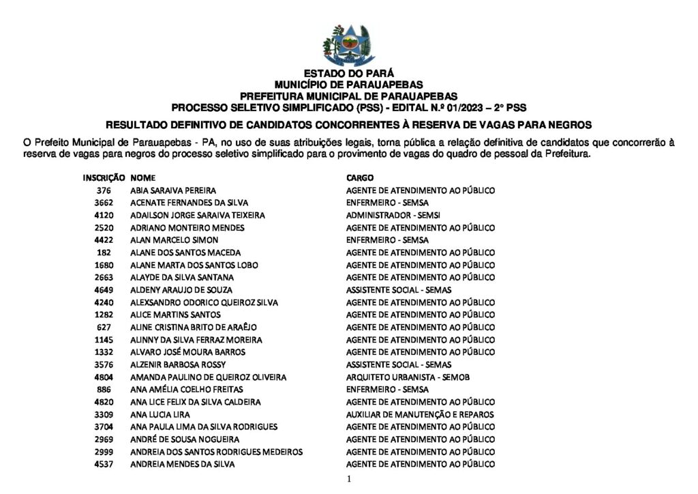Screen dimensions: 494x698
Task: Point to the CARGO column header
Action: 359,177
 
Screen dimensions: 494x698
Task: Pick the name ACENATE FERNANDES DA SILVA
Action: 189,203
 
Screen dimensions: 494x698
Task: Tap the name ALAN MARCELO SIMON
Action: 174,240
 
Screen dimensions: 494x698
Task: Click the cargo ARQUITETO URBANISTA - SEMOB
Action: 408,377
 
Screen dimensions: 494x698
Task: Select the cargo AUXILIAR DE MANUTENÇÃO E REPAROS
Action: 420,414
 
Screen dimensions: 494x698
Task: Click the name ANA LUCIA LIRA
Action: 160,414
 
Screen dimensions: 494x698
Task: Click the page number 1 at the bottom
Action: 349,480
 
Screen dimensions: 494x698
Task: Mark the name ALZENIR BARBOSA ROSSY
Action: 178,365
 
